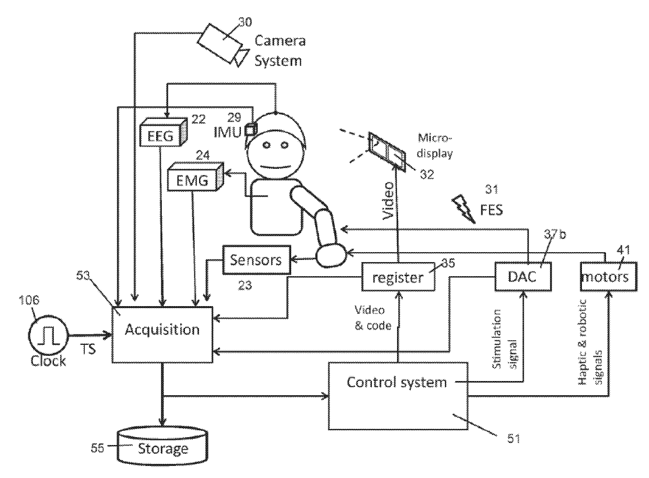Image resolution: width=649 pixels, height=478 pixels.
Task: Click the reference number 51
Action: coord(513,438)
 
